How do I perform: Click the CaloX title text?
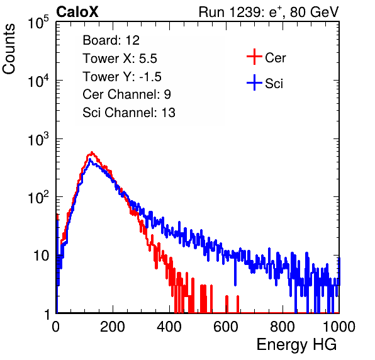pos(77,12)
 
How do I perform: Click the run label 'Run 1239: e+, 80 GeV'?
pos(269,12)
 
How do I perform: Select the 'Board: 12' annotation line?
pos(111,40)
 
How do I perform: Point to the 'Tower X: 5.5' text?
pos(120,59)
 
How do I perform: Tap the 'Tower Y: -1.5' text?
pos(122,77)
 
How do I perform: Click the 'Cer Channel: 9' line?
pos(126,94)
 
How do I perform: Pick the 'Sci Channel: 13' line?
pos(129,113)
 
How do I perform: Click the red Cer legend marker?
pos(254,57)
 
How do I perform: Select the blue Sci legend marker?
pos(254,82)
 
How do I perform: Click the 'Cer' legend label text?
pos(275,58)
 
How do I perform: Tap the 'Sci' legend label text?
pos(274,84)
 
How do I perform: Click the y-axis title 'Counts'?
pos(9,49)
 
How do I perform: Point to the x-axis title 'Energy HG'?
pos(296,345)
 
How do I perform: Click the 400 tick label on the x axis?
pos(169,327)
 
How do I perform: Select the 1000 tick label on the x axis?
pos(339,327)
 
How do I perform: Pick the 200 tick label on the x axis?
pos(113,327)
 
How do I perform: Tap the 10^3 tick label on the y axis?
pos(38,139)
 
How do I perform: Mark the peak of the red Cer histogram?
pos(92,152)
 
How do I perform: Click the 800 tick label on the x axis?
pos(283,327)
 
